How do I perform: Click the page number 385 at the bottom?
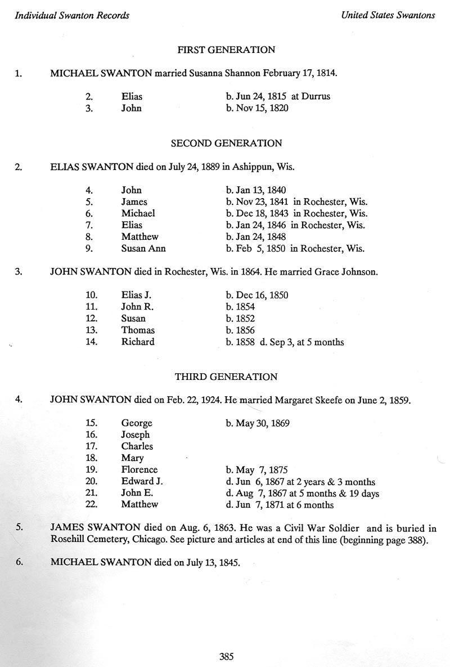[x=226, y=656]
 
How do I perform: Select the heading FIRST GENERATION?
[x=226, y=50]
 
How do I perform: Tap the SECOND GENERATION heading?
[x=226, y=143]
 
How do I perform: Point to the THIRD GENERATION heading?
[x=226, y=377]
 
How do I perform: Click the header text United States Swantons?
[x=388, y=15]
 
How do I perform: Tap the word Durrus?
[x=316, y=96]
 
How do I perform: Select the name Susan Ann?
[x=143, y=248]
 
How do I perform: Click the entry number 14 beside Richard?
[x=92, y=342]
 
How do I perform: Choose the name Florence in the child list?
[x=139, y=469]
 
